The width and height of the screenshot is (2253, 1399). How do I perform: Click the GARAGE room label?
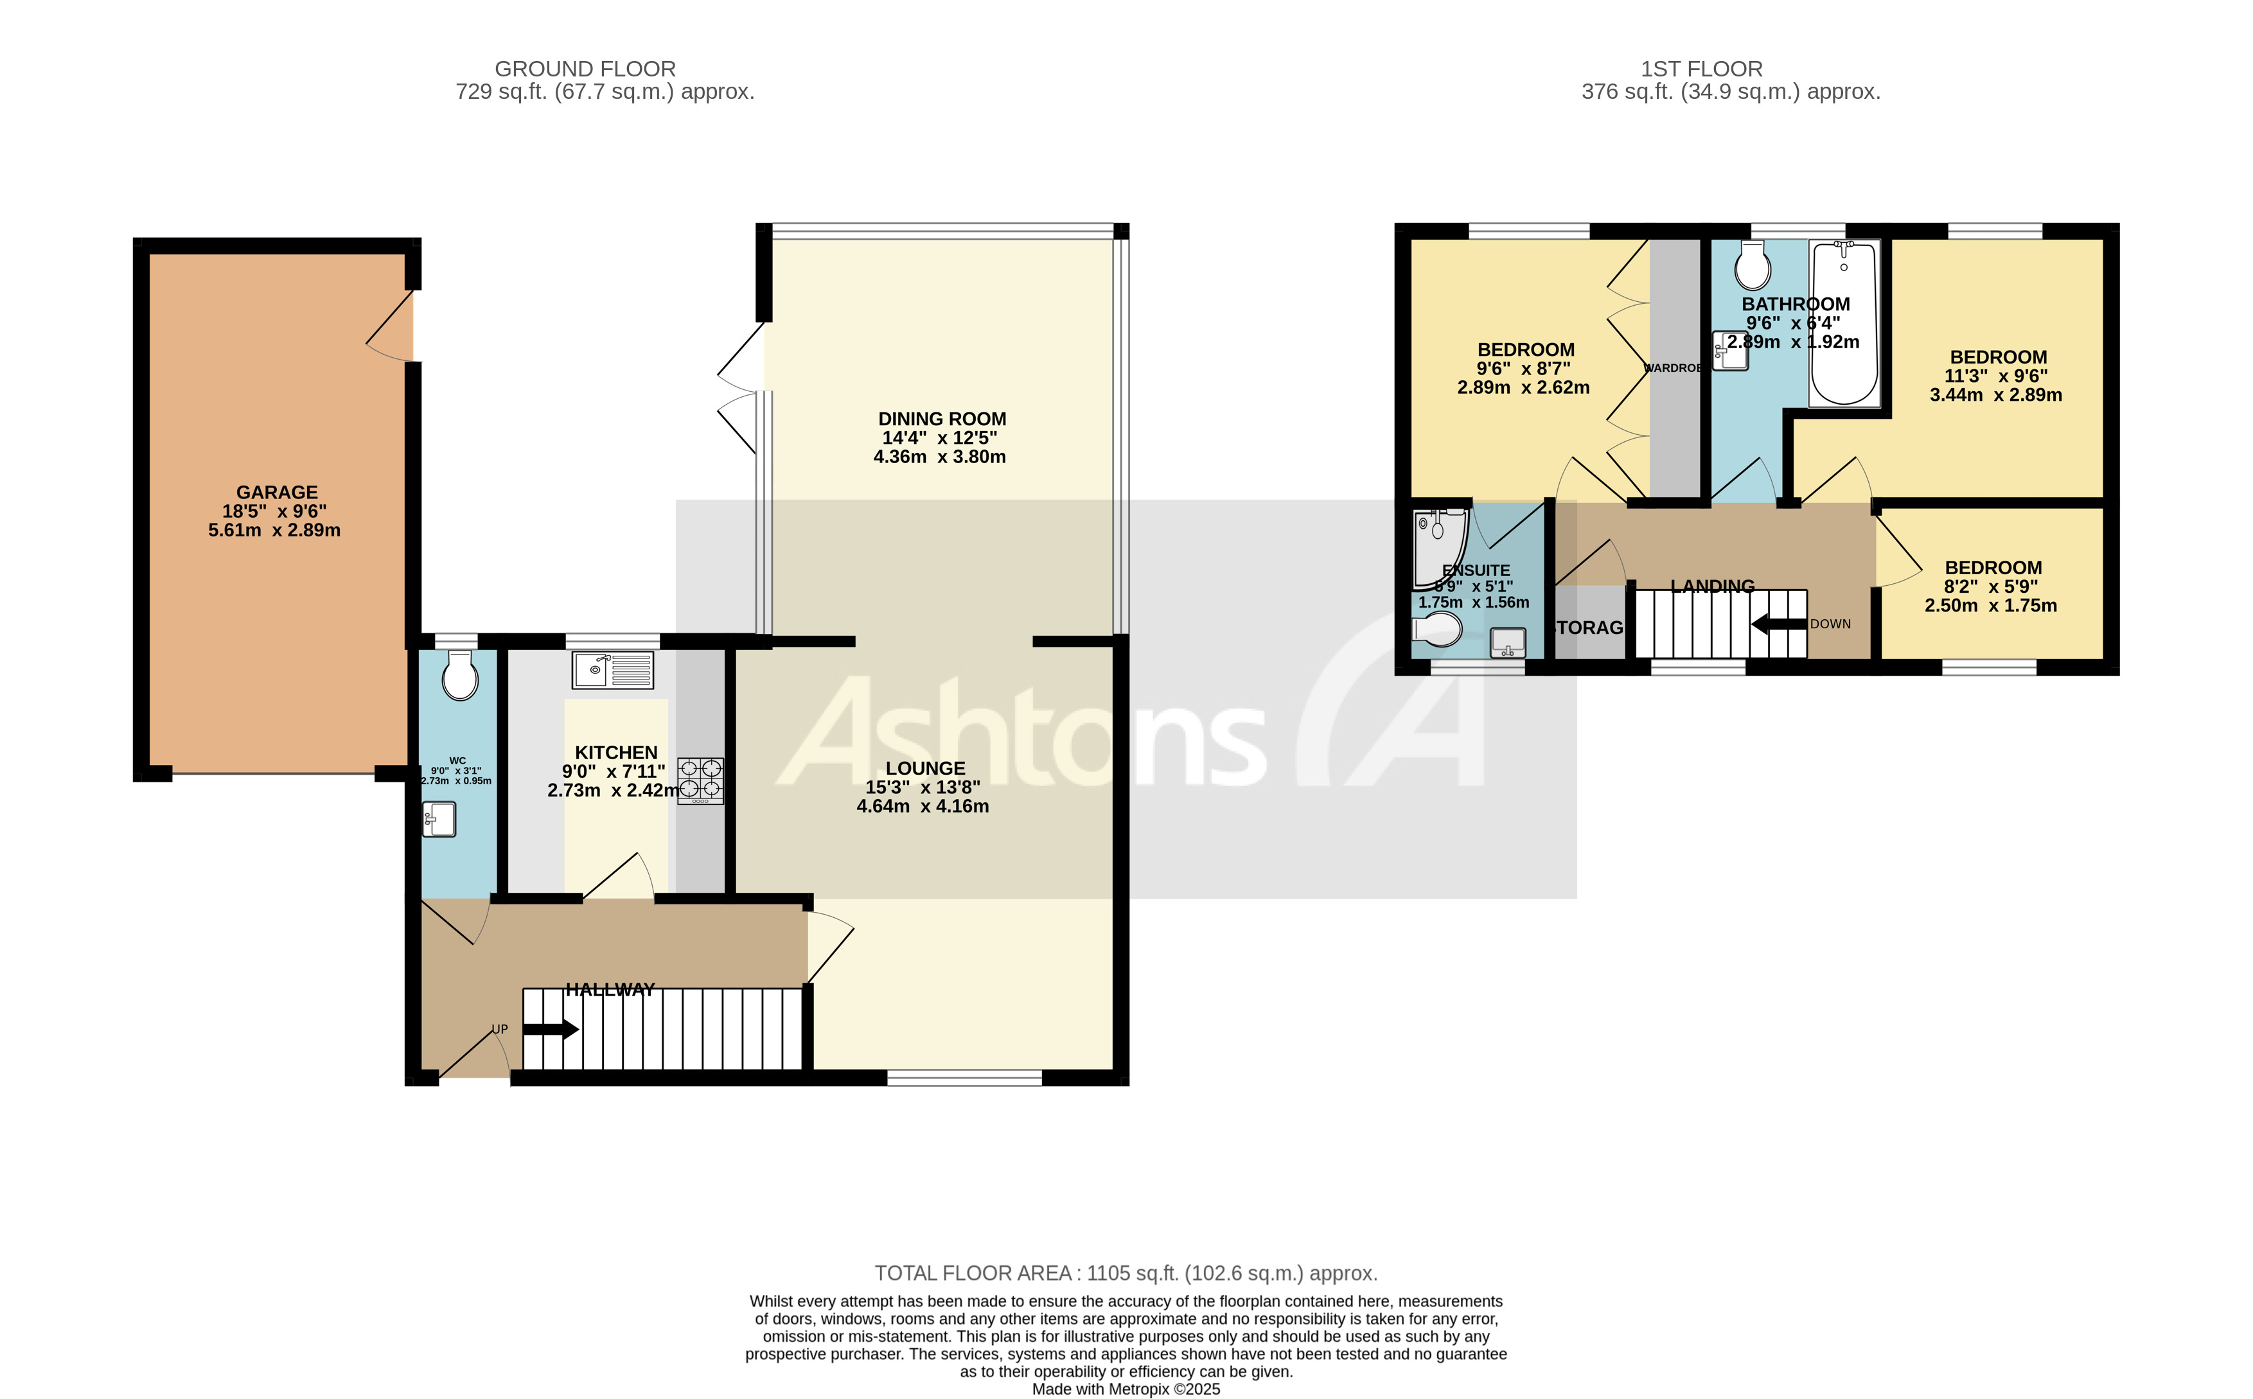pyautogui.click(x=277, y=492)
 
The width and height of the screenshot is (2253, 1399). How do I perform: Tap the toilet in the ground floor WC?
pyautogui.click(x=460, y=676)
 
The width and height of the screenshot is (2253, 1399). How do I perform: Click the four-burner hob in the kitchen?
pyautogui.click(x=700, y=780)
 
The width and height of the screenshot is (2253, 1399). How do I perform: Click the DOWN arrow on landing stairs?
pyautogui.click(x=1778, y=624)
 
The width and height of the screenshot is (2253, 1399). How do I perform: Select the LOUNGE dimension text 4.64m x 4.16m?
pyautogui.click(x=923, y=806)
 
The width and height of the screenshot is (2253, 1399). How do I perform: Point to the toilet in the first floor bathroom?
pyautogui.click(x=1753, y=267)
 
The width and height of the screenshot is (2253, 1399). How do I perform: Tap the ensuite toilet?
pyautogui.click(x=1437, y=630)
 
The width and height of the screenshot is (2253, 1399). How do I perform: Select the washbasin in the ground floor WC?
pyautogui.click(x=439, y=819)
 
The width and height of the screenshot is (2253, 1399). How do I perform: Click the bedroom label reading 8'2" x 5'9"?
pyautogui.click(x=1991, y=586)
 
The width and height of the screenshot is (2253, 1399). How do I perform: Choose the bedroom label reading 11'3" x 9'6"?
pyautogui.click(x=1997, y=376)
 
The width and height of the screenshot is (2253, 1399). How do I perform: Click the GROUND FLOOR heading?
pyautogui.click(x=585, y=69)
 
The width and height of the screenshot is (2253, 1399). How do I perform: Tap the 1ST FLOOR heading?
pyautogui.click(x=1701, y=69)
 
